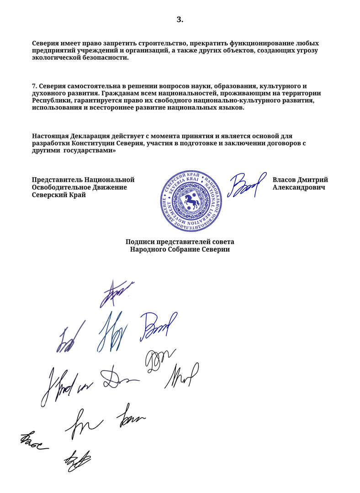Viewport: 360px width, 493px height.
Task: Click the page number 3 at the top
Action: [180, 19]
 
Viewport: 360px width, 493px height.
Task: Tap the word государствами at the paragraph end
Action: [88, 151]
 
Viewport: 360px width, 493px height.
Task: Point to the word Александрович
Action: [298, 187]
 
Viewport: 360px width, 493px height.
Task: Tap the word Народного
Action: [149, 250]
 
